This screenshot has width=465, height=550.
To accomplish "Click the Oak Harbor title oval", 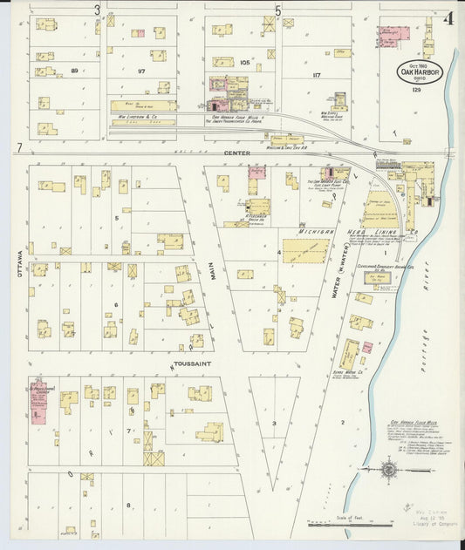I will click(421, 71).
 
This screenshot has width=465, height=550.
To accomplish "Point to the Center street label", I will click(236, 153).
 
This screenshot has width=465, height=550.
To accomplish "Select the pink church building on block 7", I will click(39, 404).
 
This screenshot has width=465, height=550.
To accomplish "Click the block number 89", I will click(74, 70).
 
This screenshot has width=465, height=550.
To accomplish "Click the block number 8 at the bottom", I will click(128, 505).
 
